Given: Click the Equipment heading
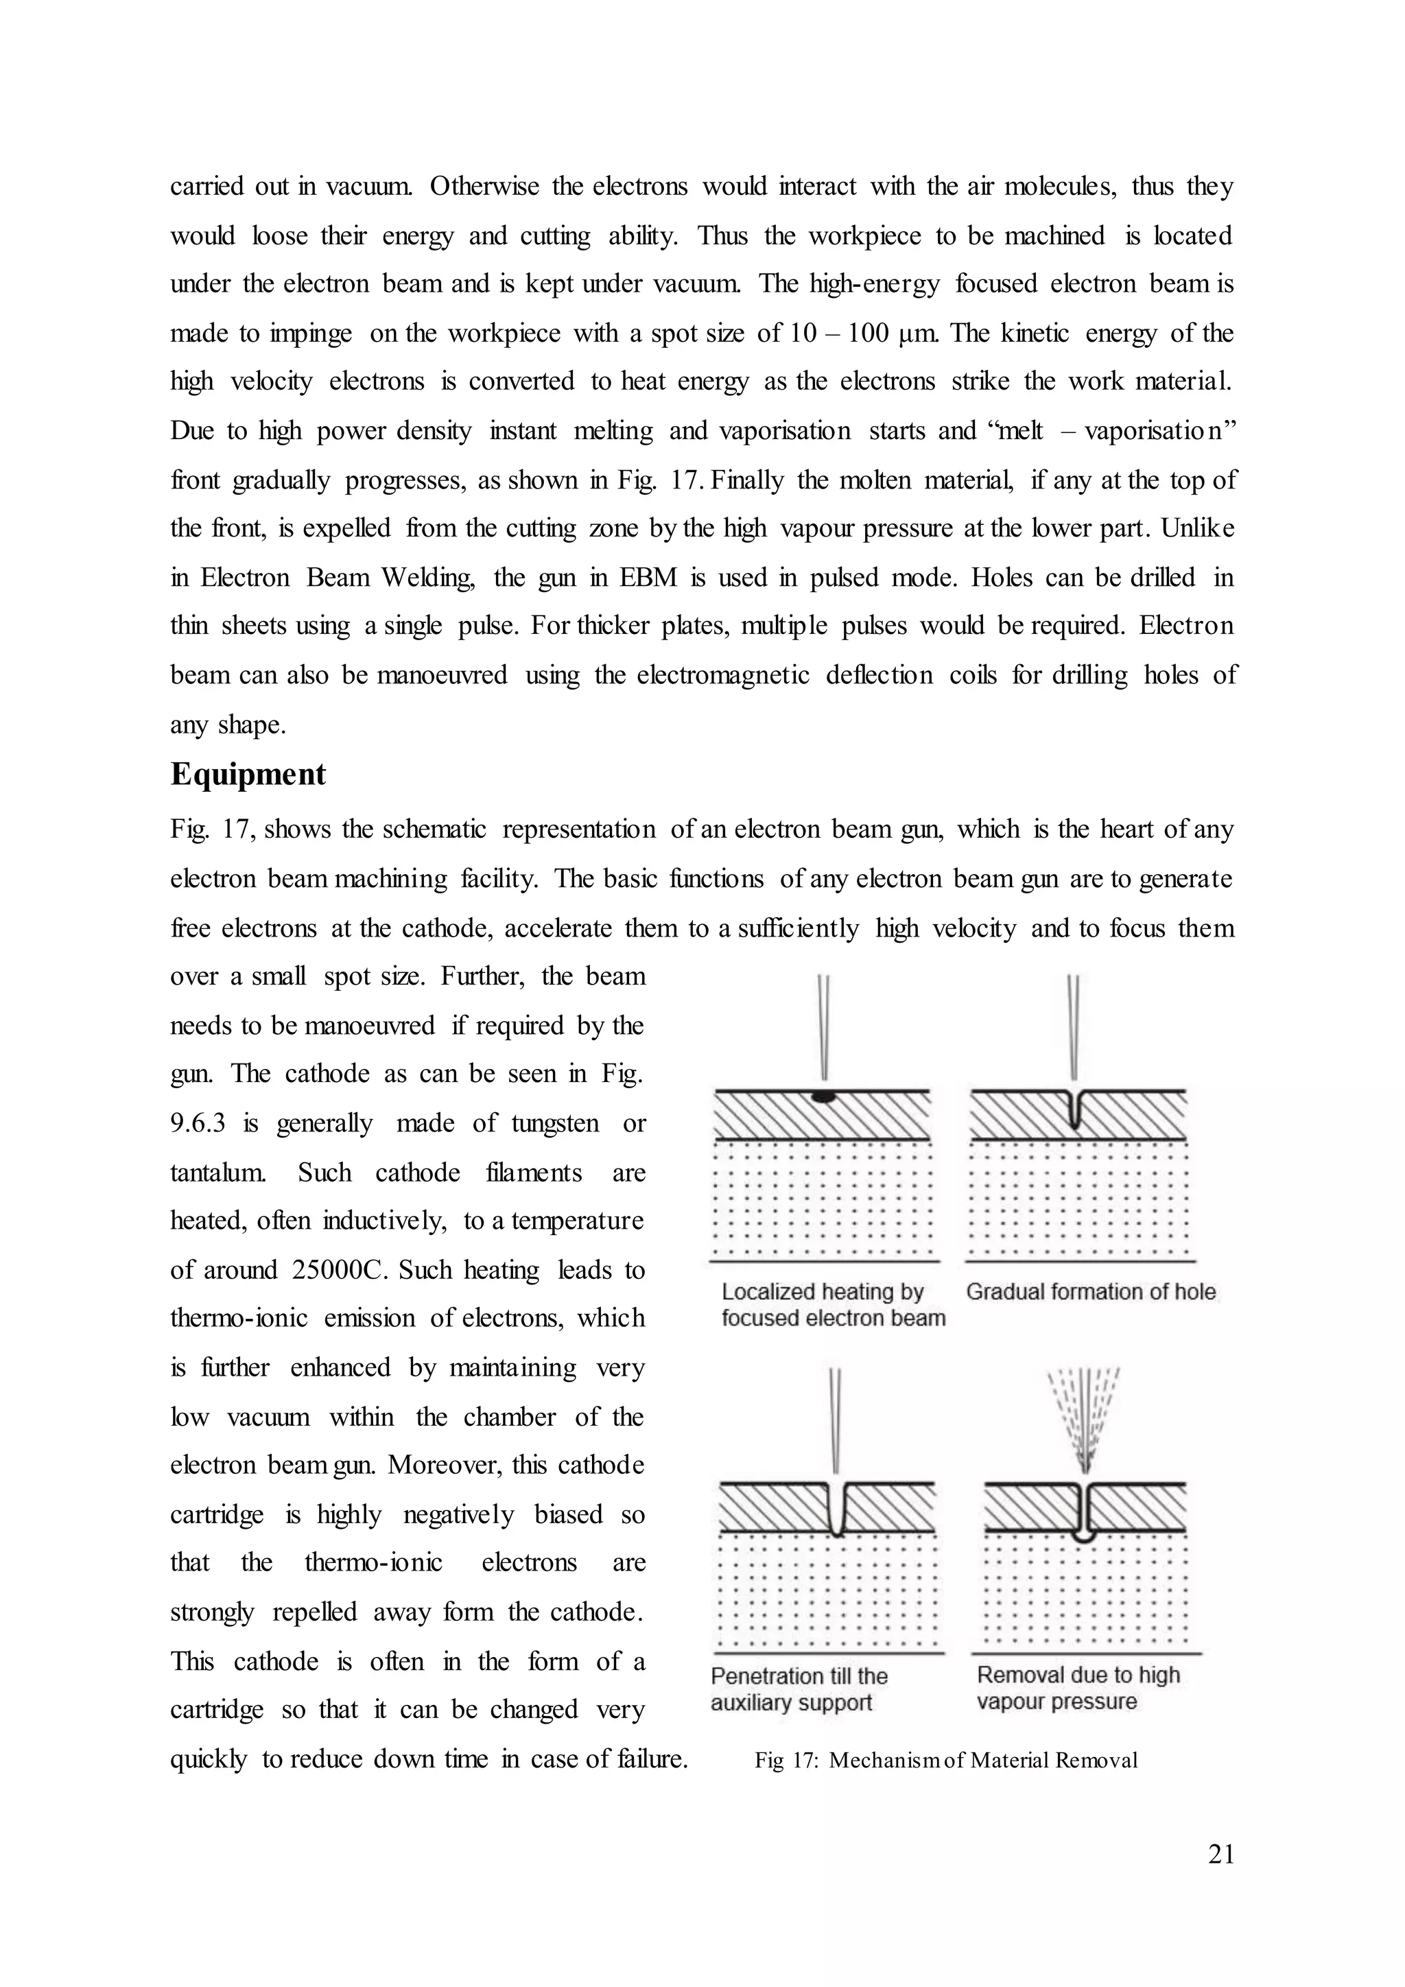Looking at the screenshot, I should pyautogui.click(x=248, y=774).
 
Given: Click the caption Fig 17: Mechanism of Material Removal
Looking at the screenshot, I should pyautogui.click(x=945, y=1761).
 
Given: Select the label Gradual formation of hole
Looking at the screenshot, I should pyautogui.click(x=1090, y=1292).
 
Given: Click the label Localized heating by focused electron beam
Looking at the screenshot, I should pyautogui.click(x=832, y=1305).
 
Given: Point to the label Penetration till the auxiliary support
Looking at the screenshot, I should pyautogui.click(x=799, y=1689).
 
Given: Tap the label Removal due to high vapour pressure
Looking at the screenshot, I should pyautogui.click(x=1078, y=1688).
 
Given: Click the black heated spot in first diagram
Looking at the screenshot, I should pyautogui.click(x=825, y=1097).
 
